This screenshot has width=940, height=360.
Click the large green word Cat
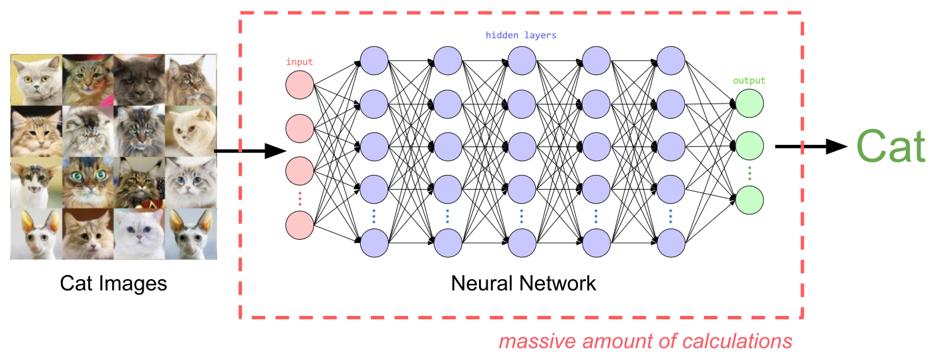(890, 146)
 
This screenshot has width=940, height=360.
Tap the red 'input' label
(299, 62)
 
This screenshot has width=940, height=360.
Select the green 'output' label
(749, 81)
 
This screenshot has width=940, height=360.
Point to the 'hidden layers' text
(521, 35)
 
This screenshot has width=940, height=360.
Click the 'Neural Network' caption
(523, 283)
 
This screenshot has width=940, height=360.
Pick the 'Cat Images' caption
(114, 283)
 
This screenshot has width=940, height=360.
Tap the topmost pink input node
(299, 85)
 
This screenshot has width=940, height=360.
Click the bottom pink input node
(299, 224)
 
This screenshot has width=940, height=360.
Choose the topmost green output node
(749, 103)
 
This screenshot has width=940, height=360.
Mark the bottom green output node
(749, 200)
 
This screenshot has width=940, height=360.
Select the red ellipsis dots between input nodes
(299, 198)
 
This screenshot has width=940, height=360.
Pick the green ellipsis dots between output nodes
(749, 173)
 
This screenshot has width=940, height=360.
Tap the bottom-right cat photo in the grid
(190, 233)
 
